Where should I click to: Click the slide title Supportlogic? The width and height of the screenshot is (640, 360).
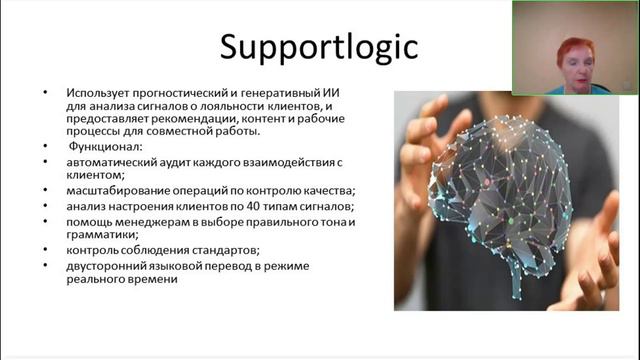pyautogui.click(x=319, y=48)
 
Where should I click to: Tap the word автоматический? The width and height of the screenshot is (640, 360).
pyautogui.click(x=115, y=160)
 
